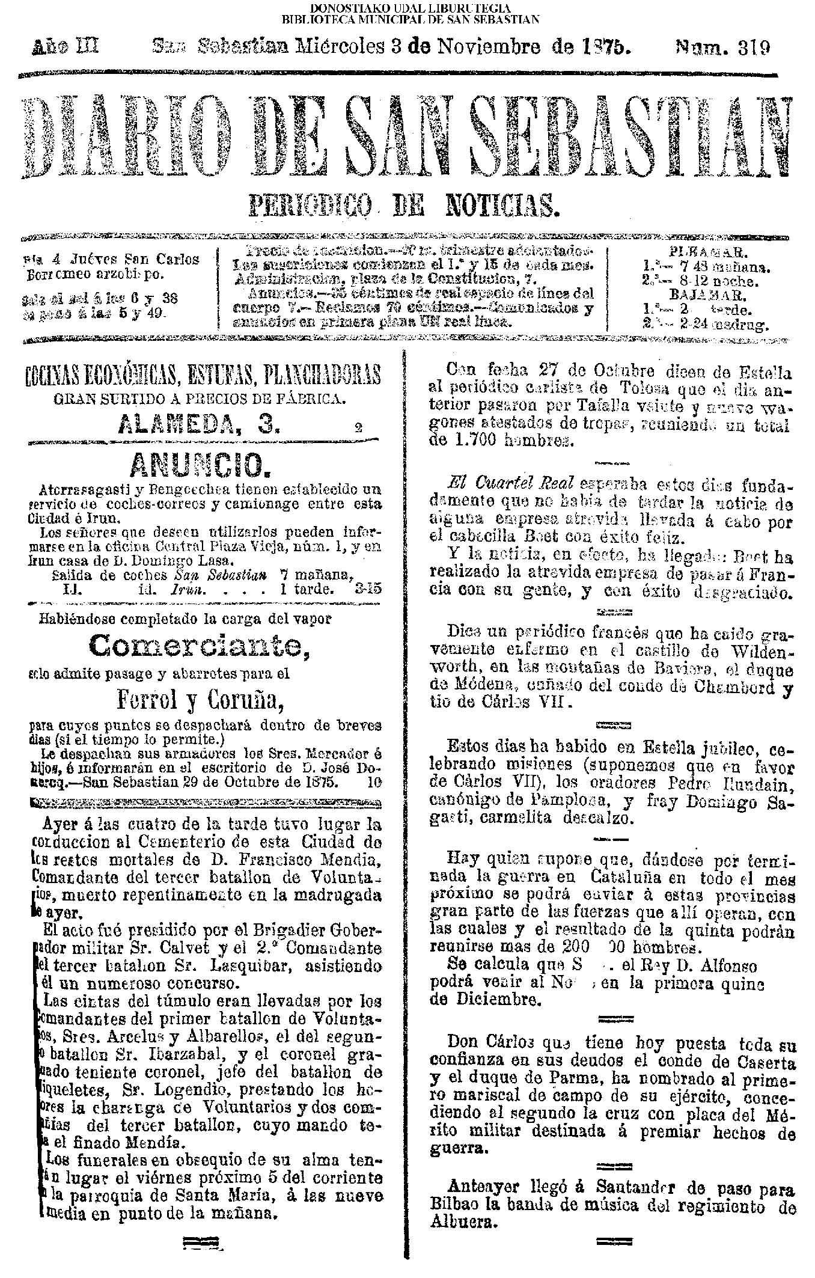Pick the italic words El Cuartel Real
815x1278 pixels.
click(512, 483)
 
